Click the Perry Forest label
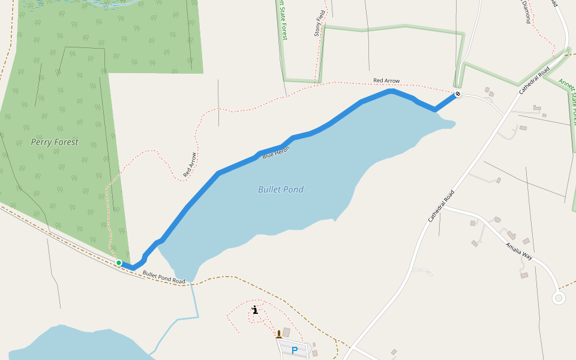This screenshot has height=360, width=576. [x=55, y=143]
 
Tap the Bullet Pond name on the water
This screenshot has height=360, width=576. [x=281, y=190]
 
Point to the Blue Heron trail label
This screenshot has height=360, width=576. [x=276, y=152]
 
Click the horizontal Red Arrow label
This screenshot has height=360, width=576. [x=386, y=80]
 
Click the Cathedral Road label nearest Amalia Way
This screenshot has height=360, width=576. [x=441, y=207]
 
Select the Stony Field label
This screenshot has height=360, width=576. [x=320, y=23]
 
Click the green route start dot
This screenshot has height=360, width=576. [x=119, y=263]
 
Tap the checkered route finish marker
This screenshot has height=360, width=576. [x=458, y=94]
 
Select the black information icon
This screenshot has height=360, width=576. [x=256, y=310]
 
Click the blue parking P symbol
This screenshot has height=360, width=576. [x=295, y=350]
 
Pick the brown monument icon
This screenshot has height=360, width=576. [x=278, y=334]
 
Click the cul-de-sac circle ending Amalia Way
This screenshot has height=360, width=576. [x=559, y=297]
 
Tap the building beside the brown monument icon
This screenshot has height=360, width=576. [x=286, y=332]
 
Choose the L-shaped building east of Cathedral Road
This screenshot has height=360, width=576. [x=511, y=235]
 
